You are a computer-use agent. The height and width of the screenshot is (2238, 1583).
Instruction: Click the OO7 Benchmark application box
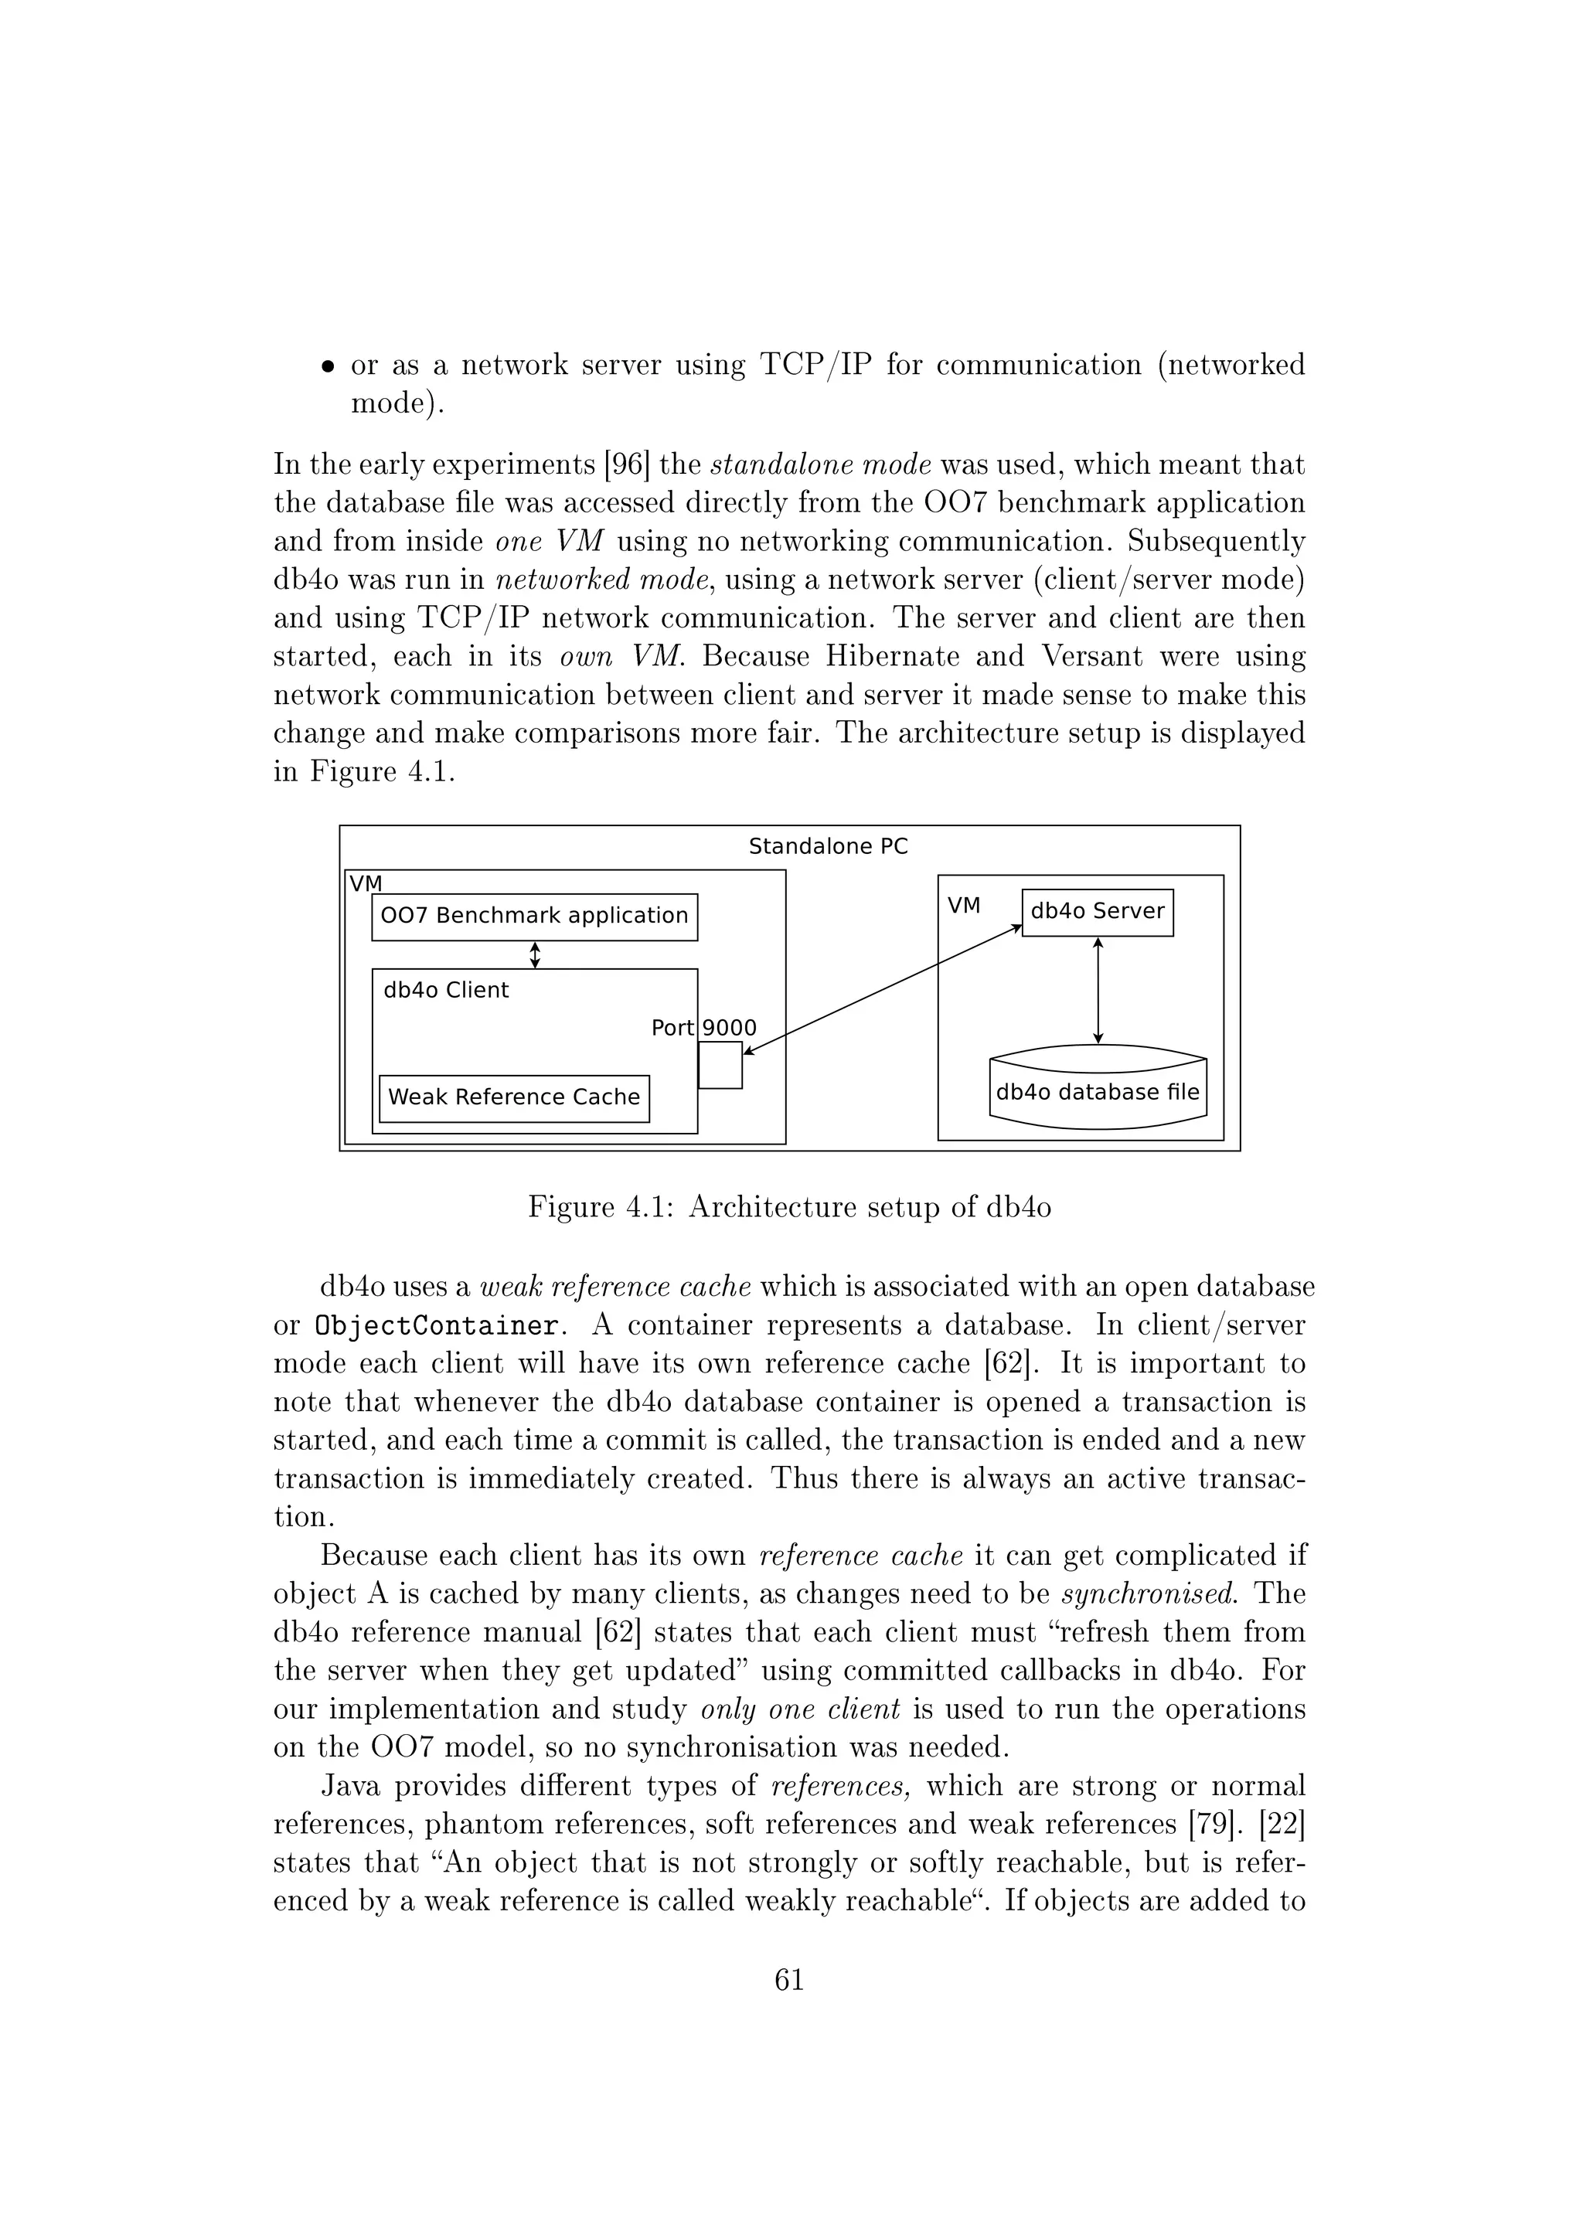[534, 917]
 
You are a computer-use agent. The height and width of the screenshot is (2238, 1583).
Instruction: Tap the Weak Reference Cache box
[514, 1097]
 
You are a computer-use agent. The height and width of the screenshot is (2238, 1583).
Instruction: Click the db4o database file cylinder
[1098, 1090]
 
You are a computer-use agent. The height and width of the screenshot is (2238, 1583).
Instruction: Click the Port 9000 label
[704, 1027]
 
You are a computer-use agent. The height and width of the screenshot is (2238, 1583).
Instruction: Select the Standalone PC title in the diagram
[828, 846]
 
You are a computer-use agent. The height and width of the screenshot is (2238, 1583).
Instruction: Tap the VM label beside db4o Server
[964, 906]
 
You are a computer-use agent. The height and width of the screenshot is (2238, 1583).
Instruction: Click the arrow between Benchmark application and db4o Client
[534, 954]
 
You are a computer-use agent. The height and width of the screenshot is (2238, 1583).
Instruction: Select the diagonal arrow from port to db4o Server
[882, 988]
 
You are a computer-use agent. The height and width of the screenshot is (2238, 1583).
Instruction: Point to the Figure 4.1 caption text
[789, 1207]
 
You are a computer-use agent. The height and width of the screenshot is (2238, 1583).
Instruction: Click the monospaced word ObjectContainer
[437, 1325]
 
